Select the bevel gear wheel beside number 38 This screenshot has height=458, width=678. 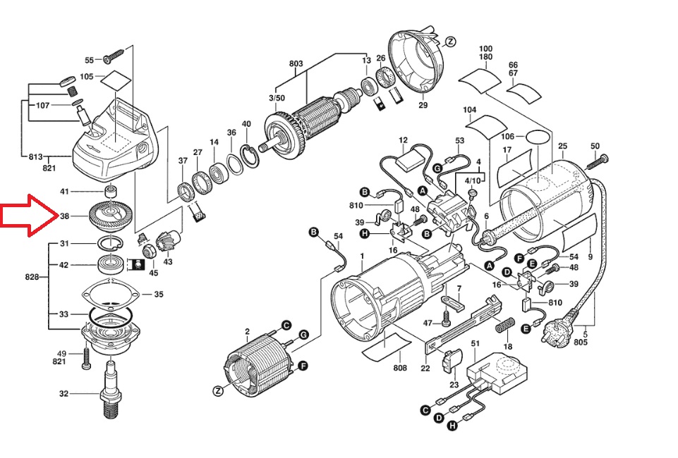pyautogui.click(x=111, y=214)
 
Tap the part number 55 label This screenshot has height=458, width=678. pyautogui.click(x=89, y=61)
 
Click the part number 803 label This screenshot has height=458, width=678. pyautogui.click(x=296, y=64)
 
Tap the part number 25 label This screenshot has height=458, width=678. pyautogui.click(x=562, y=147)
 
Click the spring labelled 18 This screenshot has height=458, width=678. pyautogui.click(x=504, y=328)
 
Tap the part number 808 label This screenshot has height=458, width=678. pyautogui.click(x=400, y=367)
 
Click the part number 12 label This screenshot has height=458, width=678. pyautogui.click(x=404, y=140)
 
